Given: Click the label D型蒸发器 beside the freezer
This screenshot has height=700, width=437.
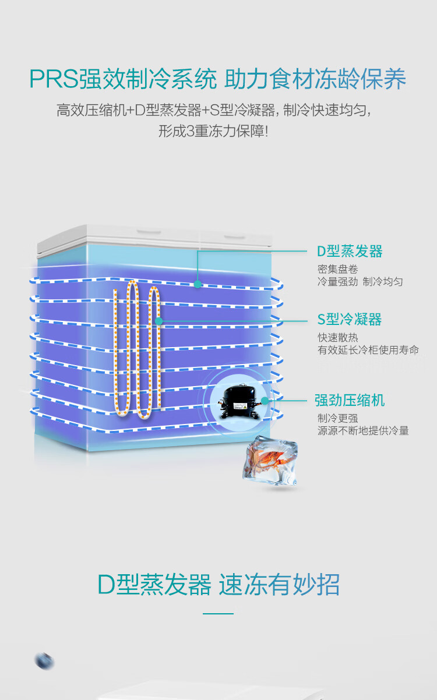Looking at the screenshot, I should [350, 252].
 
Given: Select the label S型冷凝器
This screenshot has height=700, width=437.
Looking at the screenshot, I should [349, 320].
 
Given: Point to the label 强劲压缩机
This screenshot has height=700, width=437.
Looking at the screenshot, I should [350, 401].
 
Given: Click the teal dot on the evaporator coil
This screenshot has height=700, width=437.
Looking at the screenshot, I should [198, 284].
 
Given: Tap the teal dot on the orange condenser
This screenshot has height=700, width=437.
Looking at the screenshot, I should [158, 321].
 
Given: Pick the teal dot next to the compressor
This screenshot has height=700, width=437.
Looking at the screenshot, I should [265, 401].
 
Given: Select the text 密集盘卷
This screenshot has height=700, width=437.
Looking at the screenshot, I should [338, 269].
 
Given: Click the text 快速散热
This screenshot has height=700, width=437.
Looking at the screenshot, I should [338, 338].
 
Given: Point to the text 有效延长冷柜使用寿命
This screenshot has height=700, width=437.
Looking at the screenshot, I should [368, 350].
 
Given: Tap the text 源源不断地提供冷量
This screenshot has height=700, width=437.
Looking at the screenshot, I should [363, 431].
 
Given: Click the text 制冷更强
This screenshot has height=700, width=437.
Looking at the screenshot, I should [338, 418].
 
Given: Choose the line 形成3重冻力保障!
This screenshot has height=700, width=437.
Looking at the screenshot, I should [213, 131].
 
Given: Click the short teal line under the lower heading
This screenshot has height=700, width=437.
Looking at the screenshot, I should [218, 613].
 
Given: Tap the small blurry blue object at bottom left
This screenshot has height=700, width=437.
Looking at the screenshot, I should [44, 661].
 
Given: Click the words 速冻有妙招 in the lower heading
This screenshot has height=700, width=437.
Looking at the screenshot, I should [279, 584].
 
